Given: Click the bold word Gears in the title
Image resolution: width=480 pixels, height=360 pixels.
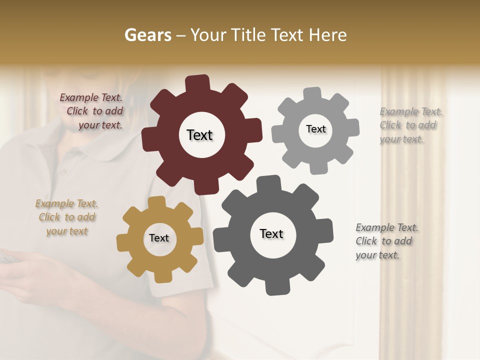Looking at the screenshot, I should pyautogui.click(x=147, y=35).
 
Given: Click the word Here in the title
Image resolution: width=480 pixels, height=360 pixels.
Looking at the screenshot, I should pyautogui.click(x=328, y=35).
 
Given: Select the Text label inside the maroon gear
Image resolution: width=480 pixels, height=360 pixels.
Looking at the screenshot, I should pyautogui.click(x=199, y=135).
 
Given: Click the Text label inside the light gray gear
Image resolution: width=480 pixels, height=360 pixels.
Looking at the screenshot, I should pyautogui.click(x=315, y=129).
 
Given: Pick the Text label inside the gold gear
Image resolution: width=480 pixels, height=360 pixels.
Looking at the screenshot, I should pyautogui.click(x=159, y=238).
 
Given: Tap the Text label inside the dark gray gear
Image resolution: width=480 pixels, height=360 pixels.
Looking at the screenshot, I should pyautogui.click(x=271, y=233).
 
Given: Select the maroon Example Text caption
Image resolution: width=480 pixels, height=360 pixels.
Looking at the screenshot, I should pyautogui.click(x=91, y=111).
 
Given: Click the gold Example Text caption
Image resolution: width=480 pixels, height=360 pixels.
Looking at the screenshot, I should pyautogui.click(x=67, y=217).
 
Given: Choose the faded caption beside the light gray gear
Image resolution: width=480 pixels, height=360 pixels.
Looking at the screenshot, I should pyautogui.click(x=410, y=125).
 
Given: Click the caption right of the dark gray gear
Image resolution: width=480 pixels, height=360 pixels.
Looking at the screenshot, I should pyautogui.click(x=386, y=241).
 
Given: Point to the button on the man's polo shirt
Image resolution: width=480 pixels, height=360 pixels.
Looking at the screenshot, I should pyautogui.click(x=63, y=171).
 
